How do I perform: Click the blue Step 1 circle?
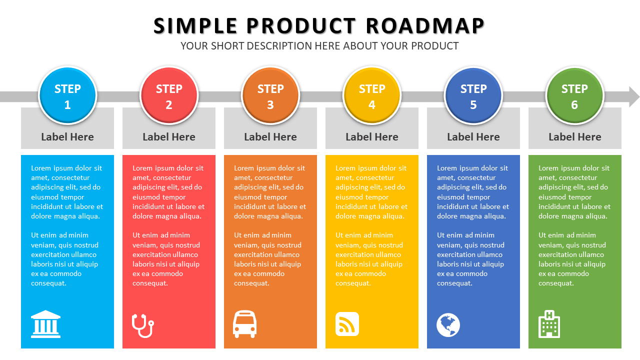(x=67, y=95)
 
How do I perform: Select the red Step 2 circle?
(x=169, y=95)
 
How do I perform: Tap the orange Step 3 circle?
(x=270, y=95)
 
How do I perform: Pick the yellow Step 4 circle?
(x=371, y=95)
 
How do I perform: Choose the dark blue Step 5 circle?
(x=473, y=95)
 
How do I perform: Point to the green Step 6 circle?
(x=574, y=95)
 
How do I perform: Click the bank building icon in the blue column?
(x=45, y=324)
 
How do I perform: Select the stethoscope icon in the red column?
(x=143, y=325)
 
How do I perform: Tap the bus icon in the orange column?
(x=244, y=324)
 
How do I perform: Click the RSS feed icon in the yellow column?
(x=347, y=324)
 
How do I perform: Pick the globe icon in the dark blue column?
(x=448, y=325)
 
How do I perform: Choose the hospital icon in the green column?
(x=549, y=324)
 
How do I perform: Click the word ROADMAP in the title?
(x=425, y=26)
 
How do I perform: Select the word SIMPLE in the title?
(x=195, y=26)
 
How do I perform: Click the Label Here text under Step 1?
(x=67, y=137)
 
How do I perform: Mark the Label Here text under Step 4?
(x=371, y=137)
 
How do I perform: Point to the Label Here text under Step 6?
(x=575, y=137)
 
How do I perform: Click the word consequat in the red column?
(x=150, y=283)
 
